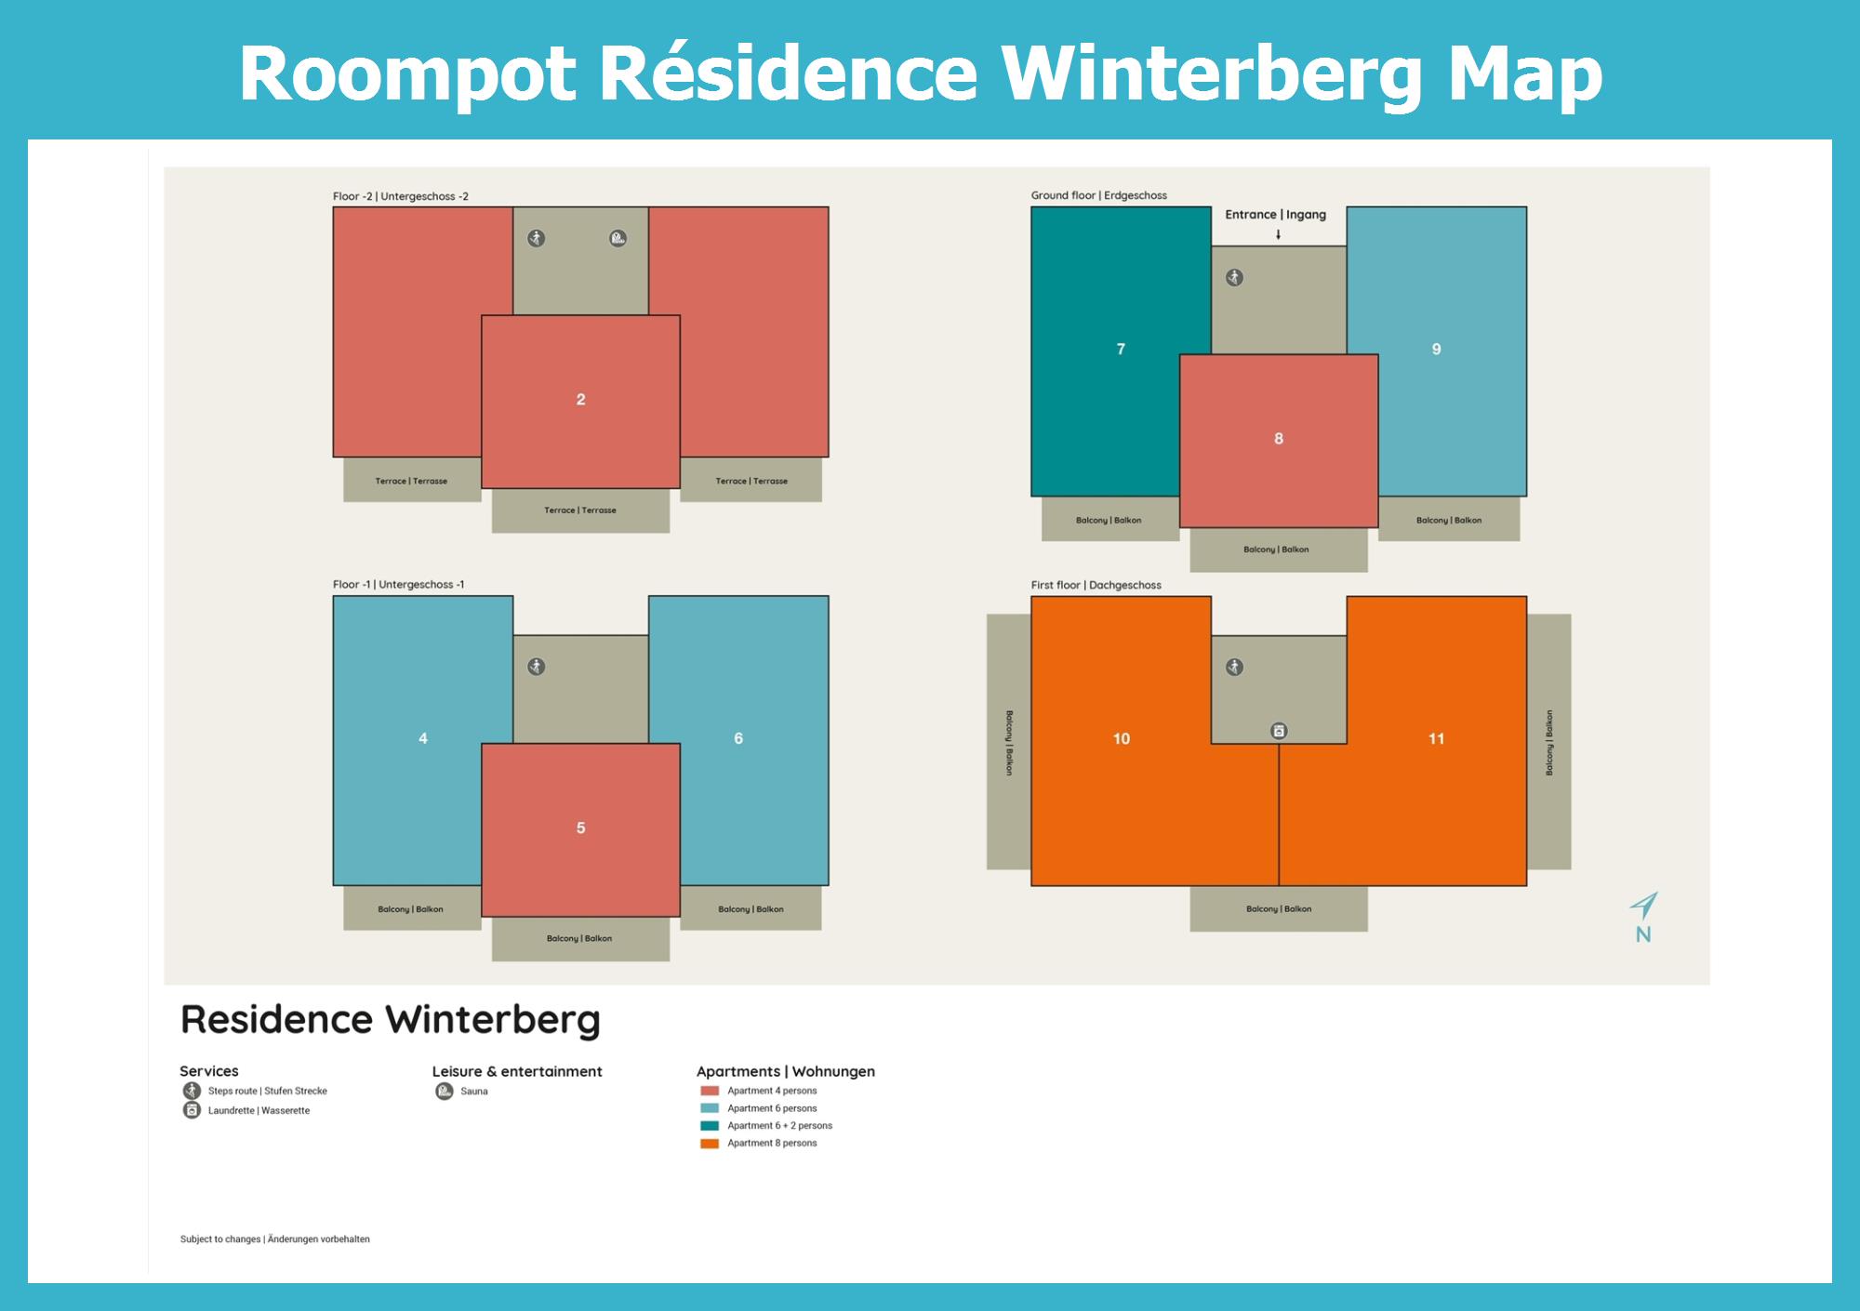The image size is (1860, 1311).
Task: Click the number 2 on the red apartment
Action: [x=580, y=400]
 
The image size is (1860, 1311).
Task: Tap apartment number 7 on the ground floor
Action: [x=1121, y=349]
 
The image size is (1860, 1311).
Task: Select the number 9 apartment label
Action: [x=1436, y=349]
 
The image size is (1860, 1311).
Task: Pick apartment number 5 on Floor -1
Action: [x=580, y=828]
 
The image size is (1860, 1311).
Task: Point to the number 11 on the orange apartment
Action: [x=1436, y=738]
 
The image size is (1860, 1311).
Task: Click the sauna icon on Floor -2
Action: [x=618, y=239]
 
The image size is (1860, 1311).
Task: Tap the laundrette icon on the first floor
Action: [x=1279, y=731]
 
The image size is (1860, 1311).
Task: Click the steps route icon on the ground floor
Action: [x=1234, y=277]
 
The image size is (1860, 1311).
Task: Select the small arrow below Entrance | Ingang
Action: [x=1279, y=234]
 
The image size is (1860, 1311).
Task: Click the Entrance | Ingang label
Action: [x=1275, y=215]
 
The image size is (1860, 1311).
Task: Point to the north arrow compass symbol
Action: [x=1643, y=906]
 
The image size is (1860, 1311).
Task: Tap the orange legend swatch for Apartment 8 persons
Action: [x=710, y=1144]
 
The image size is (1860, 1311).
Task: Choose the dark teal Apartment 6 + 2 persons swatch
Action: [x=710, y=1126]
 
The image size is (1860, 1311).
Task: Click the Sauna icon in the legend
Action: [x=445, y=1091]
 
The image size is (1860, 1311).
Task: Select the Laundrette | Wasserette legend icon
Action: [x=192, y=1110]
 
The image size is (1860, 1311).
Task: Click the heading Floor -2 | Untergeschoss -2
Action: [x=401, y=196]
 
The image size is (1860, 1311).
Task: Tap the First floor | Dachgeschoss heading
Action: [x=1096, y=585]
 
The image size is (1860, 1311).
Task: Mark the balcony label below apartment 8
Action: [x=1276, y=550]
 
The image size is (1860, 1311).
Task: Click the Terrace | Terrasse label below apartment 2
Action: [x=580, y=510]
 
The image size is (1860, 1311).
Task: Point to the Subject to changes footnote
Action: [x=275, y=1239]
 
